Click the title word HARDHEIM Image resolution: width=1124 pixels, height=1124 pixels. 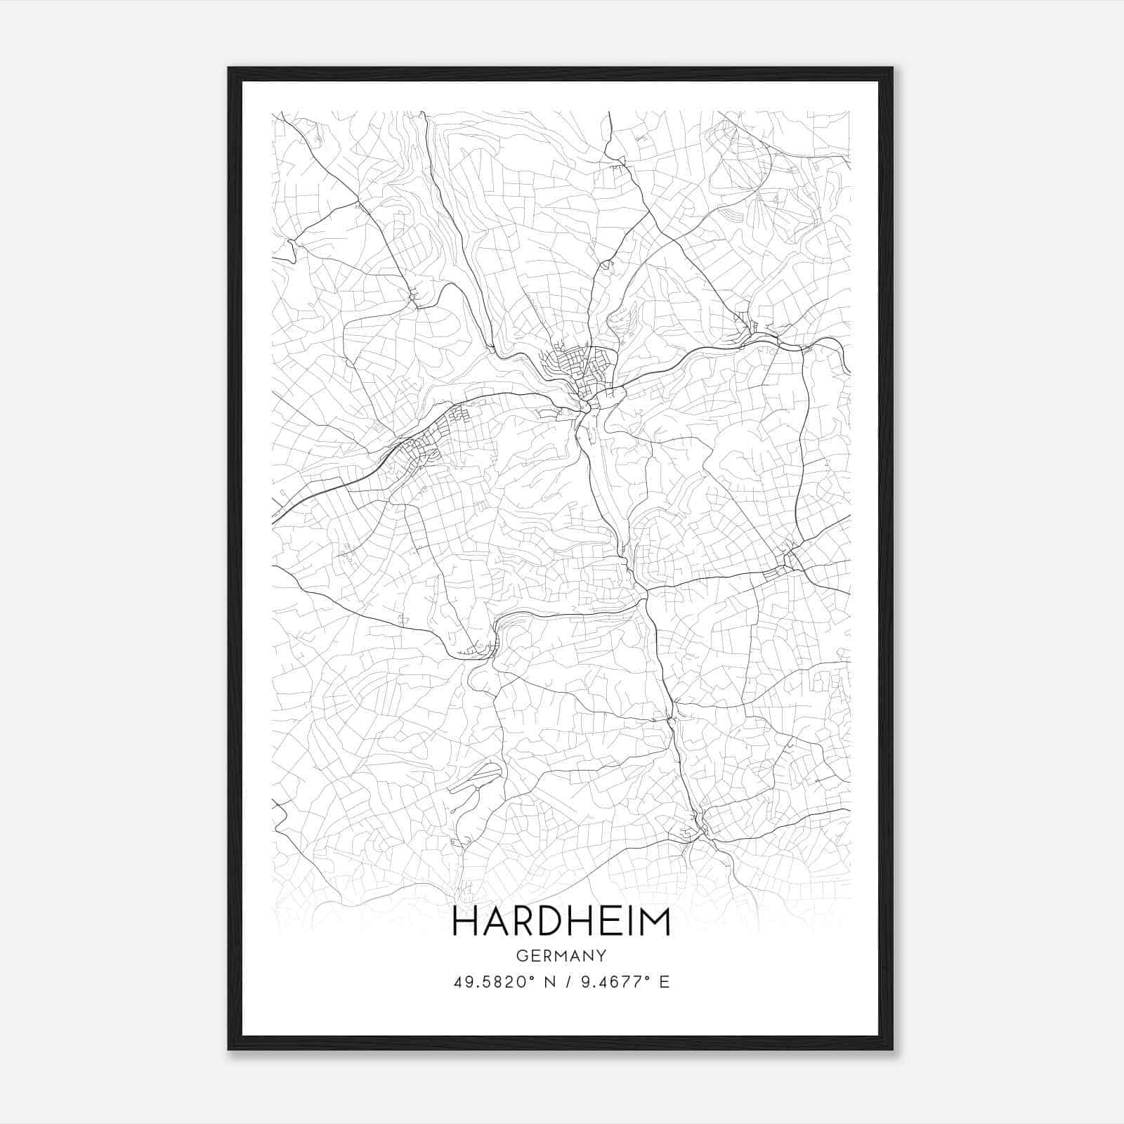(561, 922)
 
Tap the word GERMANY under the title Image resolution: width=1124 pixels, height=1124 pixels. (561, 956)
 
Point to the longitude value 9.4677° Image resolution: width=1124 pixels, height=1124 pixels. (612, 982)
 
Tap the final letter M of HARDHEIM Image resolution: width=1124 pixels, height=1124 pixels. (655, 922)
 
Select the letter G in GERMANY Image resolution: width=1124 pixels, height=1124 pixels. (521, 956)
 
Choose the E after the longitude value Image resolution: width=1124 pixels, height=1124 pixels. (664, 982)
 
